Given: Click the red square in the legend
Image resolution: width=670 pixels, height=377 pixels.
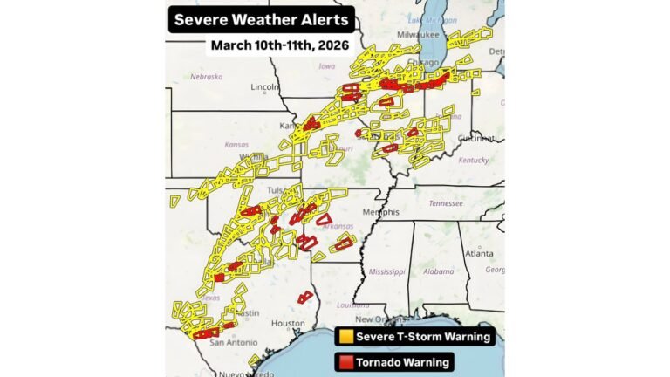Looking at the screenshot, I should pyautogui.click(x=345, y=361).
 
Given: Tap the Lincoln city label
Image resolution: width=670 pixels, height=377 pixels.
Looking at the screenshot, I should pyautogui.click(x=263, y=87).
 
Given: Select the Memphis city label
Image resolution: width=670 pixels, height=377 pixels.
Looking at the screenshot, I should pyautogui.click(x=380, y=212).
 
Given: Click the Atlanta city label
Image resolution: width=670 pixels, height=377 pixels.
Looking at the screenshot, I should pyautogui.click(x=478, y=253).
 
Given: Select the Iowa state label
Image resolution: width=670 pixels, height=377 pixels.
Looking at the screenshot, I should pyautogui.click(x=327, y=65).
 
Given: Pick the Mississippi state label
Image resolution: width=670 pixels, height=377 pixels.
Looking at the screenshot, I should pyautogui.click(x=386, y=271).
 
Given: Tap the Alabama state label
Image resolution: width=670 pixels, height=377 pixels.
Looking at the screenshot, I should pyautogui.click(x=439, y=271).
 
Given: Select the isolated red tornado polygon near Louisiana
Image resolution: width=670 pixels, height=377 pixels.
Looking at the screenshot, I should pyautogui.click(x=304, y=298).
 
